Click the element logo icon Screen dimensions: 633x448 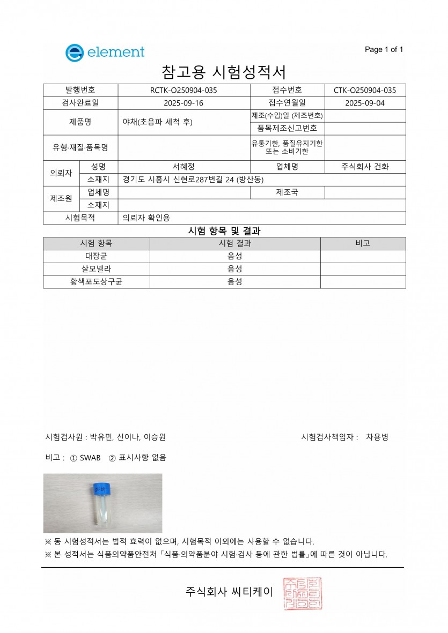(74, 53)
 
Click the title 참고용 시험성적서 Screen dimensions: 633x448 (224, 72)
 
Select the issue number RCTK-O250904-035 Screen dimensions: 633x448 (183, 90)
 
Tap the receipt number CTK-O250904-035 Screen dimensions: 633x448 (365, 90)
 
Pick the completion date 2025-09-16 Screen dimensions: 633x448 (183, 103)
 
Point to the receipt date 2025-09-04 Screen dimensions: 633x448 (365, 103)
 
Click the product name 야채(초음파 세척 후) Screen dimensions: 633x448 (157, 122)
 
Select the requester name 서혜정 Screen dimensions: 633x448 (183, 167)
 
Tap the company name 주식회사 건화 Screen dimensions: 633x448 (365, 167)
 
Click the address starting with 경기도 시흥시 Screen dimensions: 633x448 (193, 180)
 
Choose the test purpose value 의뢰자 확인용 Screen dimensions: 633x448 (146, 218)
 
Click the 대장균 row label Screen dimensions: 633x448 (96, 256)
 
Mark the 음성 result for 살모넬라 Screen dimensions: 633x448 (235, 269)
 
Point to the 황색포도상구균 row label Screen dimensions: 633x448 (96, 282)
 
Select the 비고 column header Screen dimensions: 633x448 (363, 243)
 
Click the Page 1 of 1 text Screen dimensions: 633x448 (384, 50)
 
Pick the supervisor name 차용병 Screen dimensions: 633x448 (377, 437)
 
